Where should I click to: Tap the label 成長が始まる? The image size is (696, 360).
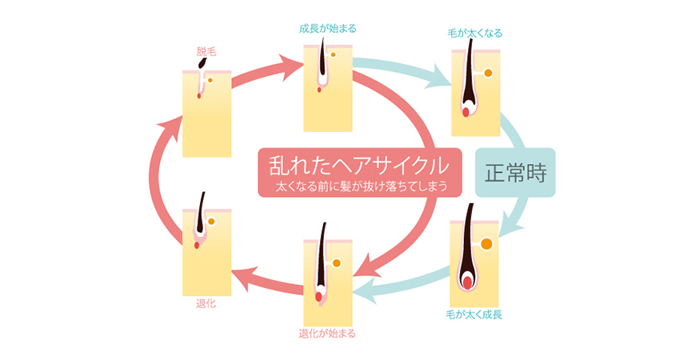(x=327, y=29)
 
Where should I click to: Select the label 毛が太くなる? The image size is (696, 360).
(x=475, y=34)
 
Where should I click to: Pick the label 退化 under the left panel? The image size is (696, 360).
(x=206, y=304)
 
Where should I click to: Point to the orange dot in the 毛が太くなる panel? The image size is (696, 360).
(x=488, y=74)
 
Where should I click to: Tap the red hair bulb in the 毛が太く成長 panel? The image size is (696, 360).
(x=466, y=281)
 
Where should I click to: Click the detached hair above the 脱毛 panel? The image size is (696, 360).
(x=206, y=62)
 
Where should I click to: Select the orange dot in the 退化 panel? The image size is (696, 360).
(x=211, y=222)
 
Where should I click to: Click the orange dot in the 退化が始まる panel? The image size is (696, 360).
(x=336, y=262)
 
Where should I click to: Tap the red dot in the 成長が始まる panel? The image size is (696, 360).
(x=320, y=90)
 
